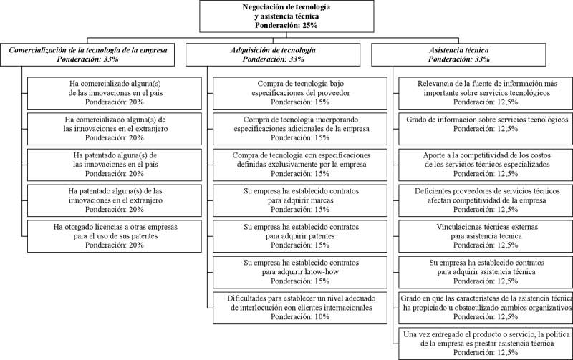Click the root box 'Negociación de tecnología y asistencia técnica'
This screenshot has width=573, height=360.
pyautogui.click(x=286, y=16)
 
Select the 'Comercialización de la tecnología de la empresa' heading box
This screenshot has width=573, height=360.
pyautogui.click(x=87, y=55)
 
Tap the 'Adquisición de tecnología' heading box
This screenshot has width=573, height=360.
pyautogui.click(x=273, y=55)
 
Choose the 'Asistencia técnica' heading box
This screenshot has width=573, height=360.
pyautogui.click(x=458, y=55)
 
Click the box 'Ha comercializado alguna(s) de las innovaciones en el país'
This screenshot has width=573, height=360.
pyautogui.click(x=115, y=93)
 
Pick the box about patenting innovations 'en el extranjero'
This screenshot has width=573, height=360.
pyautogui.click(x=115, y=200)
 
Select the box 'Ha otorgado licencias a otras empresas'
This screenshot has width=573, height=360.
pyautogui.click(x=115, y=236)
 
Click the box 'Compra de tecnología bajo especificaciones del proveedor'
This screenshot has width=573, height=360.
pyautogui.click(x=300, y=93)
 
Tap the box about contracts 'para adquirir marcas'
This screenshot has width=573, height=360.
pyautogui.click(x=300, y=200)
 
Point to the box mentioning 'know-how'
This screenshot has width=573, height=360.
pyautogui.click(x=300, y=272)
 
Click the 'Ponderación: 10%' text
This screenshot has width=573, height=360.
pyautogui.click(x=300, y=317)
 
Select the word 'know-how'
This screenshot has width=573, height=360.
pyautogui.click(x=322, y=272)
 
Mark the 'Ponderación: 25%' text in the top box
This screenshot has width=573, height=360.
pyautogui.click(x=286, y=25)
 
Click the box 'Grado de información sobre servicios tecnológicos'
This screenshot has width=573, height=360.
pyautogui.click(x=486, y=129)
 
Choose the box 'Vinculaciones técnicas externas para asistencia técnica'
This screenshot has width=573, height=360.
pyautogui.click(x=486, y=236)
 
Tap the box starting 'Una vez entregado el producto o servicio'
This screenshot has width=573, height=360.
pyautogui.click(x=486, y=344)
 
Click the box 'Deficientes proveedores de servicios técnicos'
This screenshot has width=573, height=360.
pyautogui.click(x=486, y=200)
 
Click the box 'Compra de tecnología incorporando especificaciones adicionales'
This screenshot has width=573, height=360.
pyautogui.click(x=300, y=129)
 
